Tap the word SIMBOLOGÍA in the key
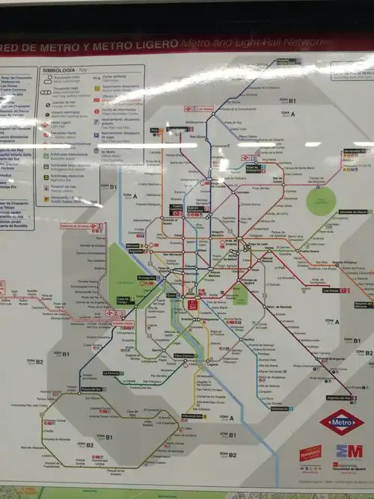tap(59, 70)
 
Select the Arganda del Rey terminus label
tap(340, 398)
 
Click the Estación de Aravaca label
tap(75, 225)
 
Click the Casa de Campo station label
tap(123, 299)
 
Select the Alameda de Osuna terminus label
tap(352, 212)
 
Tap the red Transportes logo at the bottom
tap(310, 453)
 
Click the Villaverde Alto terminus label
tap(193, 417)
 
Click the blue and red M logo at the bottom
tap(349, 452)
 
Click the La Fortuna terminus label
tap(111, 373)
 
